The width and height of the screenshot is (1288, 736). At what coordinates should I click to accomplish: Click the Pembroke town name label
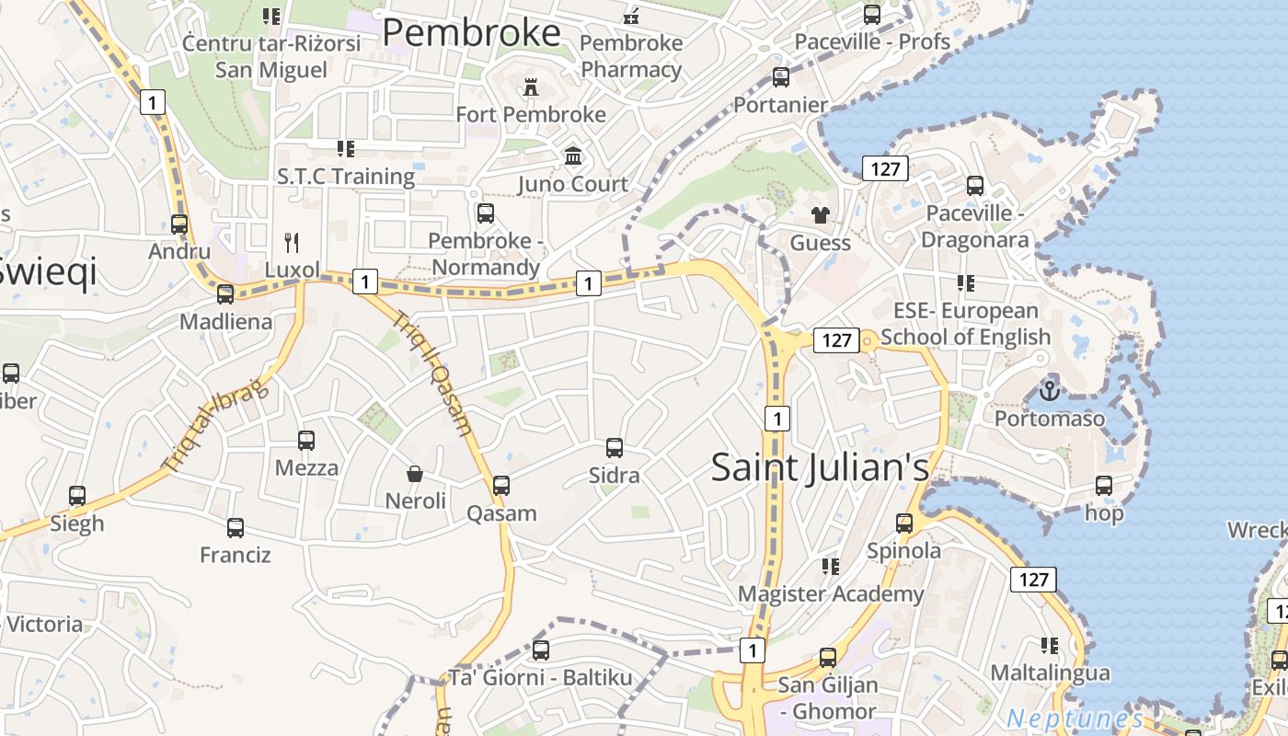pyautogui.click(x=471, y=33)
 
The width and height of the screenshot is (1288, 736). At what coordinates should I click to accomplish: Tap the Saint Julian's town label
pyautogui.click(x=820, y=467)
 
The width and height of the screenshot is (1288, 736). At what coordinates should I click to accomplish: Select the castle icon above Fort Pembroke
pyautogui.click(x=531, y=87)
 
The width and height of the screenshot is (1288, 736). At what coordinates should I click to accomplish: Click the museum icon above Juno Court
pyautogui.click(x=574, y=156)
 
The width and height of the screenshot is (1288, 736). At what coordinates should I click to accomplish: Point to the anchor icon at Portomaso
pyautogui.click(x=1049, y=391)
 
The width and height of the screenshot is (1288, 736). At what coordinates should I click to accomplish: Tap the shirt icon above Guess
pyautogui.click(x=820, y=215)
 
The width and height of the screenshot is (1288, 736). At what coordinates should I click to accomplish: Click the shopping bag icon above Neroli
pyautogui.click(x=415, y=474)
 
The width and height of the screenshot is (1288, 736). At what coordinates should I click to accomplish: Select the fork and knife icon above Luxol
pyautogui.click(x=293, y=243)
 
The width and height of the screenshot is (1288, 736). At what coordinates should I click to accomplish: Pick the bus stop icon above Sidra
pyautogui.click(x=615, y=448)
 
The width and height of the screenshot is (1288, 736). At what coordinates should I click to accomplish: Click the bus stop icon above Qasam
pyautogui.click(x=501, y=485)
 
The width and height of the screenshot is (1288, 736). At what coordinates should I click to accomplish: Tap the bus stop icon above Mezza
pyautogui.click(x=306, y=440)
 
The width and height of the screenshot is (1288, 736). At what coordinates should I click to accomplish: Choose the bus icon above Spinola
pyautogui.click(x=904, y=523)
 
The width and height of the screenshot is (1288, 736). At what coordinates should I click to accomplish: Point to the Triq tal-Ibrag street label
pyautogui.click(x=214, y=425)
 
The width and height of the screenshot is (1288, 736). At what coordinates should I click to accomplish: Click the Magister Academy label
pyautogui.click(x=831, y=594)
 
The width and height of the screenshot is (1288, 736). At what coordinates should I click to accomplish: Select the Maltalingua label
pyautogui.click(x=1050, y=673)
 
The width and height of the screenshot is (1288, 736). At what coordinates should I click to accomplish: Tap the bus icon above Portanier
pyautogui.click(x=781, y=77)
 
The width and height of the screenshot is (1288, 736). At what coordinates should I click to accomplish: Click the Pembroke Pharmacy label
pyautogui.click(x=631, y=56)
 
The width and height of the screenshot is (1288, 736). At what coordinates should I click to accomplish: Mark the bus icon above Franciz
pyautogui.click(x=236, y=528)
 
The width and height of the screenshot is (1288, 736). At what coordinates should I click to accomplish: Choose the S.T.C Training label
pyautogui.click(x=346, y=176)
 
